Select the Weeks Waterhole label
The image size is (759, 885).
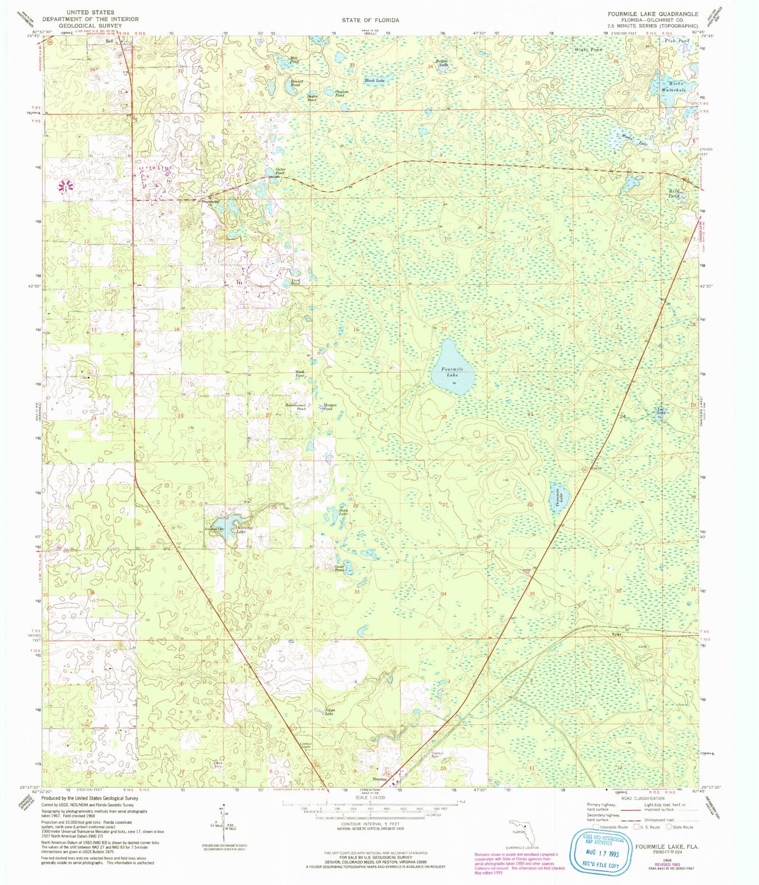tap(673, 86)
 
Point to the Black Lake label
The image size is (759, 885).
tap(374, 80)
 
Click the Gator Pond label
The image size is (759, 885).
tap(280, 171)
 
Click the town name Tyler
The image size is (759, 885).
tap(616, 634)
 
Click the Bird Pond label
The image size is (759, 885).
tap(673, 193)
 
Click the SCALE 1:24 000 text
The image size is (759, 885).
tap(370, 798)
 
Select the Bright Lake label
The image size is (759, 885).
tap(441, 63)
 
